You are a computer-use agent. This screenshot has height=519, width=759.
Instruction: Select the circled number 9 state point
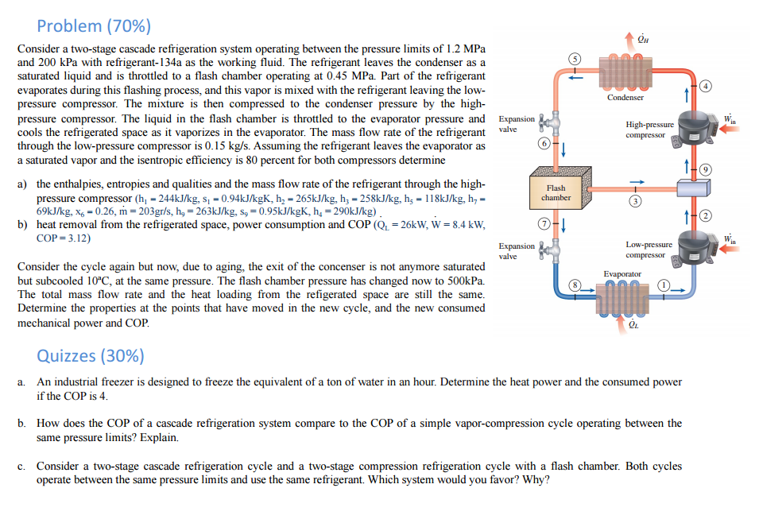[705, 169]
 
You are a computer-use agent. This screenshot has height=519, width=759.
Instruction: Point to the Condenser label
[625, 97]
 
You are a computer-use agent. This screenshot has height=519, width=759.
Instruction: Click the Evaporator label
[622, 273]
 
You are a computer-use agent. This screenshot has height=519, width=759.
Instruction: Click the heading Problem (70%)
[93, 25]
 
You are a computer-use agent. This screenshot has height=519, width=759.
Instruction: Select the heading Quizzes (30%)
[91, 354]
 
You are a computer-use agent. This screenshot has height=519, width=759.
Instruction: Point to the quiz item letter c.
[21, 467]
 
